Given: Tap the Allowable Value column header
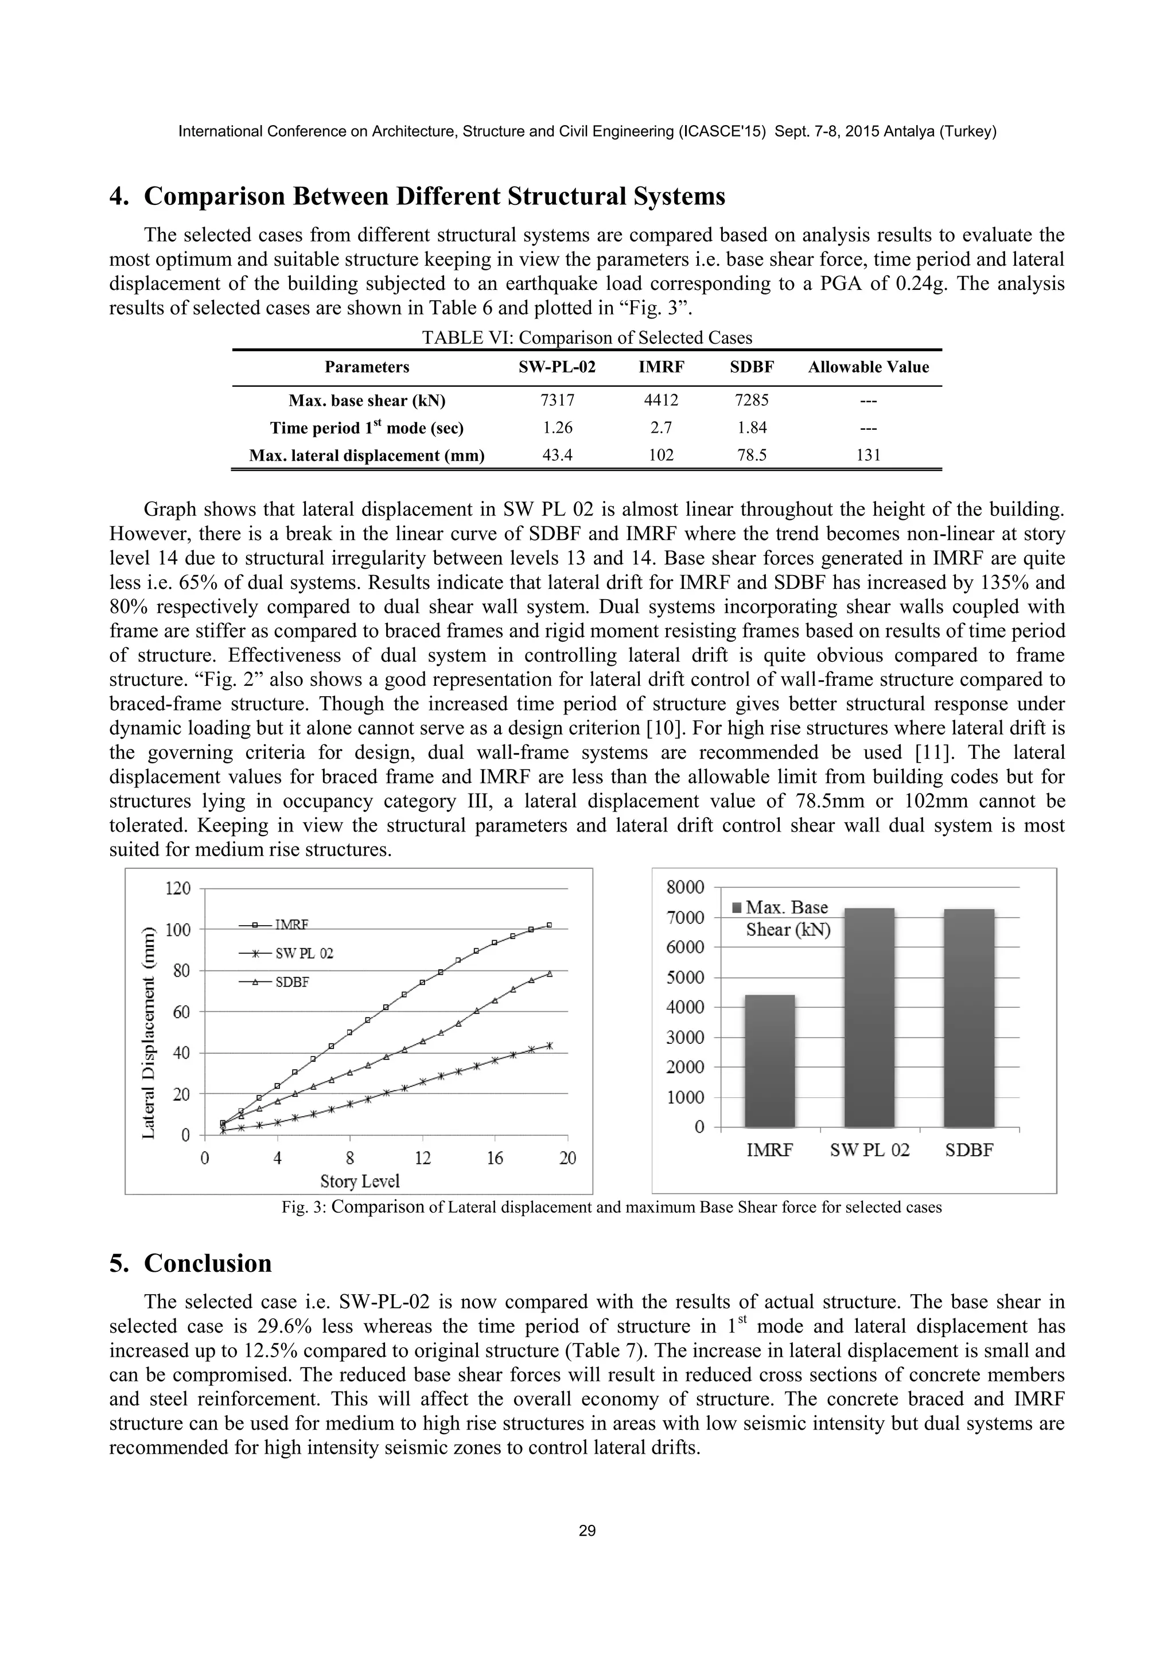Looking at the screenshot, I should point(868,367).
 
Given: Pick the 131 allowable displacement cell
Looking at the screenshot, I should point(868,455).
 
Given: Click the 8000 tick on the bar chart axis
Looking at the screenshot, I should point(689,887).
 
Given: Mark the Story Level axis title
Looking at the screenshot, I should point(360,1181).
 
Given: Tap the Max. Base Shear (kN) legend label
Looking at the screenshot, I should point(787,919).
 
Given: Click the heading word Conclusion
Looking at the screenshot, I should point(208,1263).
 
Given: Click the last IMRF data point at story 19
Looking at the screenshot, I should point(549,925).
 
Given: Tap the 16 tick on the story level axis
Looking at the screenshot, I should point(495,1158).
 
